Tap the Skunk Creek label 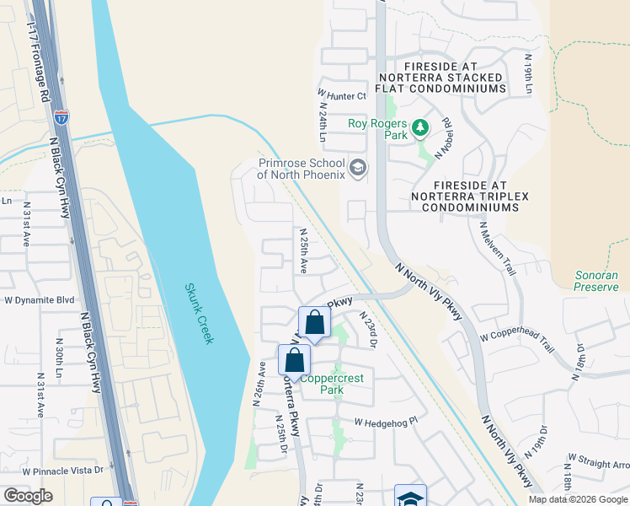200,313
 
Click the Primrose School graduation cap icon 358,168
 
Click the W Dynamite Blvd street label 40,299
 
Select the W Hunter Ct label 342,96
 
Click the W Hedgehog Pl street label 386,422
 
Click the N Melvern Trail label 497,249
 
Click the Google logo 28,496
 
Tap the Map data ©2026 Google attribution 578,499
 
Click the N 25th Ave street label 303,250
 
